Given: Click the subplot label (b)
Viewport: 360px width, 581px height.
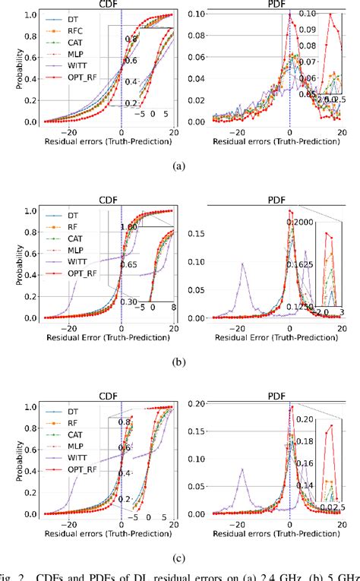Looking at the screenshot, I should click(x=181, y=363).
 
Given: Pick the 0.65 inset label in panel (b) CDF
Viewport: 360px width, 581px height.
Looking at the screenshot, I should click(x=128, y=264).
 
